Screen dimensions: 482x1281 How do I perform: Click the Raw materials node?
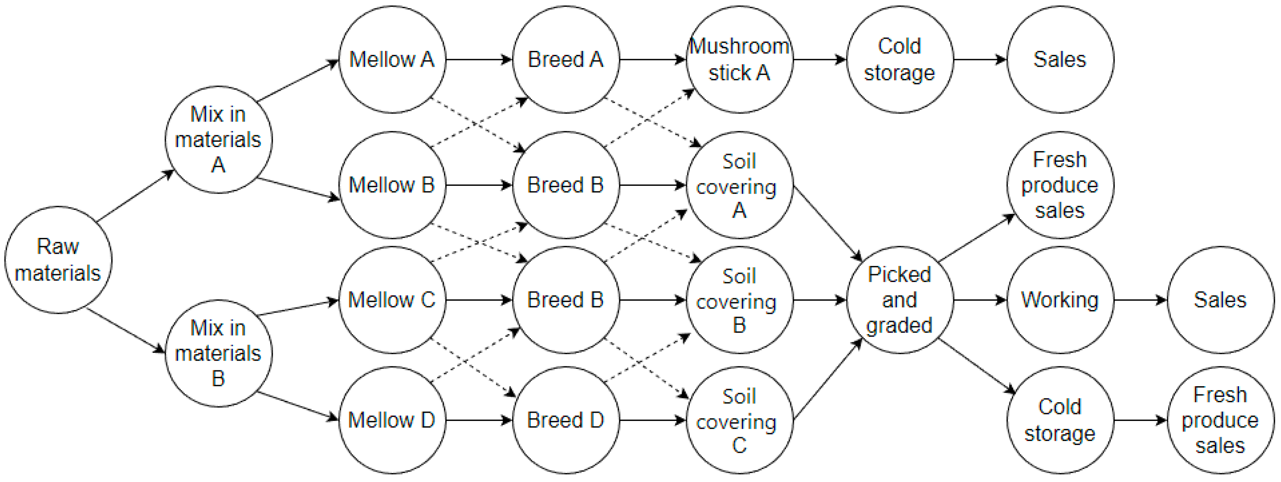[x=58, y=260]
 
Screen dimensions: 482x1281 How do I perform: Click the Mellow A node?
[x=392, y=59]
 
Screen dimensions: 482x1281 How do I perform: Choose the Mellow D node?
[x=392, y=420]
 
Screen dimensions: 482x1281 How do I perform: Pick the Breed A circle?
[x=565, y=59]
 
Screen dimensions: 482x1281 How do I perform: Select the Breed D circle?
[x=565, y=420]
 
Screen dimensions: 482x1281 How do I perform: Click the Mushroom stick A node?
[x=740, y=59]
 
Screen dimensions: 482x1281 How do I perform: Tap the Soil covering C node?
[x=740, y=420]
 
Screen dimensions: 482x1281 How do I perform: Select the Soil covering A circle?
[x=740, y=185]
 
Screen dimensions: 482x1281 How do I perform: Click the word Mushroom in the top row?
[x=740, y=46]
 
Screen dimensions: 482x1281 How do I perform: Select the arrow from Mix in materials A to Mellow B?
[x=298, y=189]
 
